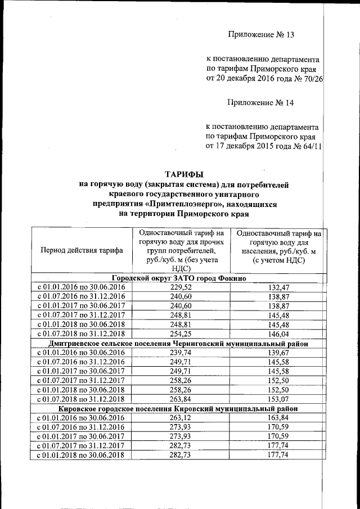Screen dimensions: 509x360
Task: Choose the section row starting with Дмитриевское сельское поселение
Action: (178, 343)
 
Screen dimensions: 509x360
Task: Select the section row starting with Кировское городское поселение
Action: (178, 408)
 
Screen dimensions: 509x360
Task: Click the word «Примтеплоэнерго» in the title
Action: (179, 204)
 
